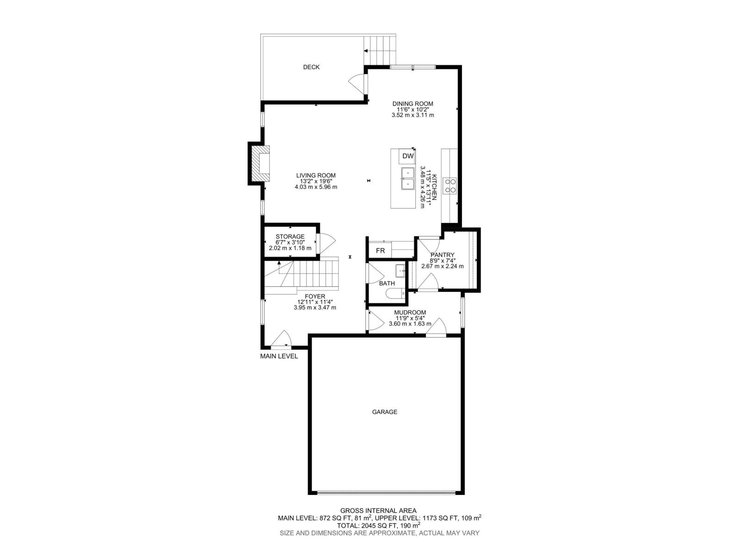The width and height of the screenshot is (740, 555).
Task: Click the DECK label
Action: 311,67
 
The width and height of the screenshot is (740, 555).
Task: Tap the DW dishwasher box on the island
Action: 407,156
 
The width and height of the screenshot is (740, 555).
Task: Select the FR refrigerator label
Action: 380,251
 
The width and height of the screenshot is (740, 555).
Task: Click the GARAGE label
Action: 384,412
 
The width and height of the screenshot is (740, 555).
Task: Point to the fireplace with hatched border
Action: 260,164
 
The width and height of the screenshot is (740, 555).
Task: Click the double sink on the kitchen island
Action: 407,179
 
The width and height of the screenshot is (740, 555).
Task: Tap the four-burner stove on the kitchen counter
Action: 450,185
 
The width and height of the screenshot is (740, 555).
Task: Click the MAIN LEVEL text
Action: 279,356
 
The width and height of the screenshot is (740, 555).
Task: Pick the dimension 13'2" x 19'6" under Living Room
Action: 316,181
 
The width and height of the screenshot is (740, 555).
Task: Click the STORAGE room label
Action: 290,236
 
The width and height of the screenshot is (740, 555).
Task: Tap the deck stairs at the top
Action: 381,50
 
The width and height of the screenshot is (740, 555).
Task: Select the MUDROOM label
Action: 410,312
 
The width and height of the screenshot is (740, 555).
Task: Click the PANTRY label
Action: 442,255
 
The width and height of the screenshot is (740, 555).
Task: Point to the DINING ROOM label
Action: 413,104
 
